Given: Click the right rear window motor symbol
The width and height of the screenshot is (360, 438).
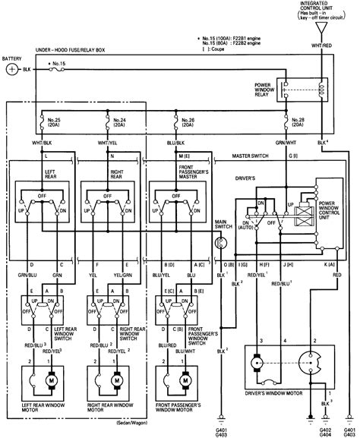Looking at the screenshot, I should click(x=115, y=377).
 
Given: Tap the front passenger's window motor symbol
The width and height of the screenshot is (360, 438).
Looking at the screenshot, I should click(x=184, y=377).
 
